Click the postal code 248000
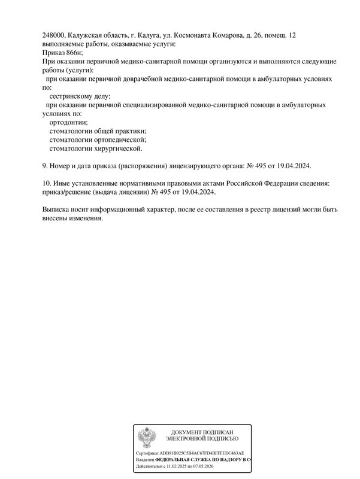(x=55, y=36)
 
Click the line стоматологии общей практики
(x=98, y=131)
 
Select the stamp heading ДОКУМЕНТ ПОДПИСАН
(x=202, y=432)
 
